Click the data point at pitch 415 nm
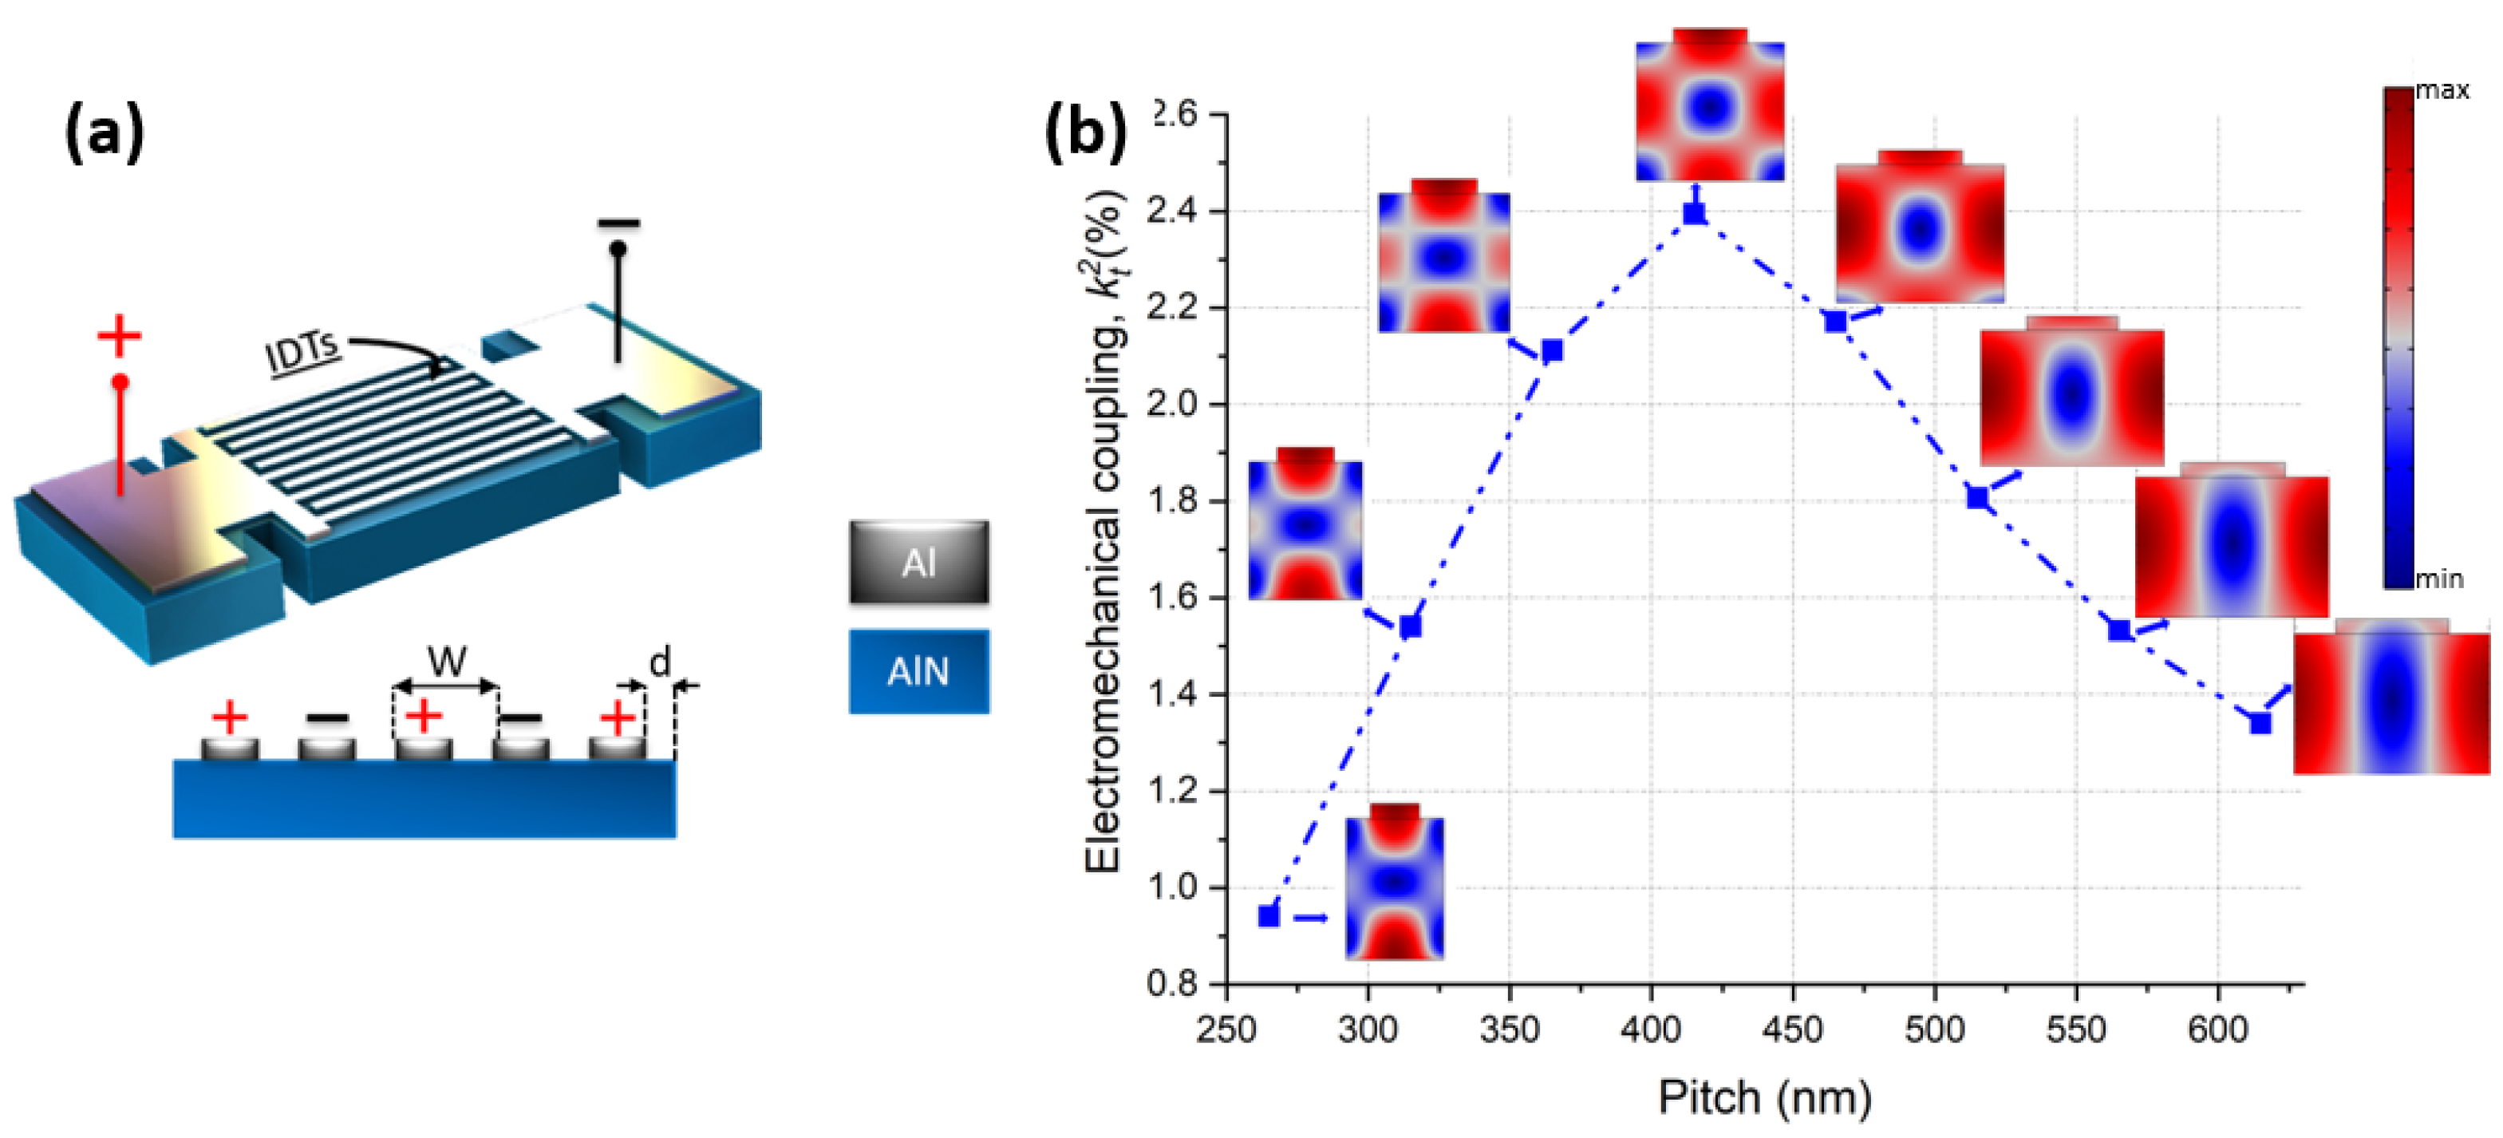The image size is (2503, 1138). (x=1695, y=213)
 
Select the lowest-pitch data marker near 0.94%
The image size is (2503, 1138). (x=1268, y=915)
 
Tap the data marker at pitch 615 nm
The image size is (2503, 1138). (x=2261, y=723)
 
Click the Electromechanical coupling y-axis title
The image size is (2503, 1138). (x=1106, y=530)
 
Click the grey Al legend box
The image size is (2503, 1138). (x=918, y=563)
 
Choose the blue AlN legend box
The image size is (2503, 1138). (x=918, y=671)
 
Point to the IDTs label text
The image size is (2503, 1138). (x=303, y=352)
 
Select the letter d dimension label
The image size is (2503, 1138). (x=660, y=663)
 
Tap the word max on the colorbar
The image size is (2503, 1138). (x=2442, y=90)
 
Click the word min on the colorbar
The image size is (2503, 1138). (x=2439, y=579)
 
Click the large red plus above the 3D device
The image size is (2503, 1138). (x=120, y=336)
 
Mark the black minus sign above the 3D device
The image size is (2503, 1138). (x=619, y=223)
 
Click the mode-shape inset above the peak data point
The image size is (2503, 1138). (x=1710, y=105)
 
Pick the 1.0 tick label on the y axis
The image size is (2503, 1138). (x=1172, y=888)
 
